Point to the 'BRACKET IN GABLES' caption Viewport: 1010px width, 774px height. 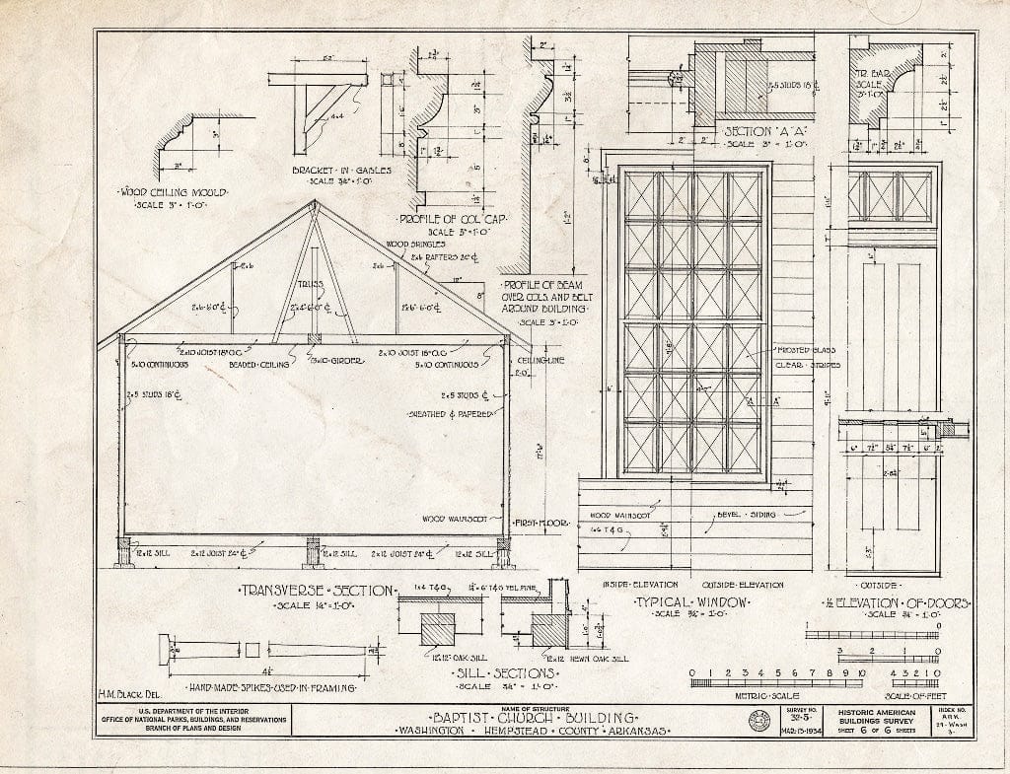(341, 170)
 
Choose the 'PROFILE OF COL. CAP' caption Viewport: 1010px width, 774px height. (449, 219)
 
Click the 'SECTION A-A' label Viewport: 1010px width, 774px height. (755, 132)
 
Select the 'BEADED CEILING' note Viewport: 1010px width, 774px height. (258, 364)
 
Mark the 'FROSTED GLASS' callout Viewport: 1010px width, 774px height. (806, 350)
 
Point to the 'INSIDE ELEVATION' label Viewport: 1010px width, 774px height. (634, 585)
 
